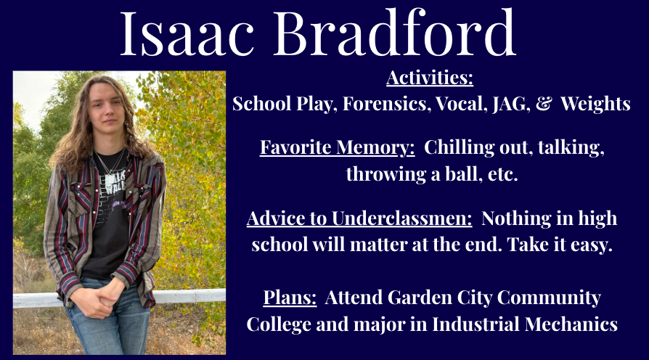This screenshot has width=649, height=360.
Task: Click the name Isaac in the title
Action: click(187, 34)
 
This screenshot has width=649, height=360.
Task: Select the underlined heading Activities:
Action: click(430, 78)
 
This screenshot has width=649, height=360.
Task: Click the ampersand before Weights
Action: click(544, 104)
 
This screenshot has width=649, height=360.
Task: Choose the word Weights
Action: click(595, 104)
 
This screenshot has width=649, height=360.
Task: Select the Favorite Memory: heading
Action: click(338, 148)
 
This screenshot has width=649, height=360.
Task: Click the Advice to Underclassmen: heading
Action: click(359, 218)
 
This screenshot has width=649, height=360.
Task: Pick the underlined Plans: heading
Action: click(290, 298)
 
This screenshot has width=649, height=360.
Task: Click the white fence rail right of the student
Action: click(189, 296)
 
